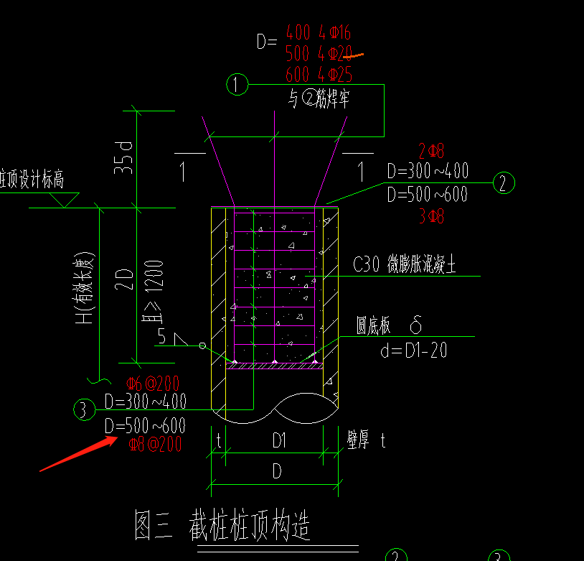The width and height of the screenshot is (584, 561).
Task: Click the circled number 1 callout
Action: (237, 85)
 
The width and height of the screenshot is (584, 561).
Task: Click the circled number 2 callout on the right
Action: (504, 183)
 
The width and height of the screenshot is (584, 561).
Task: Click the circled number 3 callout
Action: (84, 410)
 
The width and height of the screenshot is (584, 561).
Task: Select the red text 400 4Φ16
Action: (318, 32)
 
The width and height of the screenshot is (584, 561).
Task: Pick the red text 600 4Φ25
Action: (319, 74)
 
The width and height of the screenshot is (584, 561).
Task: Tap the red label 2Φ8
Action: (431, 151)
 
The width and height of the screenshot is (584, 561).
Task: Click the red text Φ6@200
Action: (152, 383)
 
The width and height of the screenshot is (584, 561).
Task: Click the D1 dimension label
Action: (279, 441)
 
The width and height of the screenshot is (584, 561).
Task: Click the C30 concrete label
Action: (405, 265)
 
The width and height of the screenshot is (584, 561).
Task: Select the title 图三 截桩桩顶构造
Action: (222, 526)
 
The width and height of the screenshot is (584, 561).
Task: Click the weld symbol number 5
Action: (162, 335)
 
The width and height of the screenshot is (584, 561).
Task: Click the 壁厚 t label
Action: (367, 441)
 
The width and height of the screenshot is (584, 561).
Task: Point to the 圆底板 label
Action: (375, 327)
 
